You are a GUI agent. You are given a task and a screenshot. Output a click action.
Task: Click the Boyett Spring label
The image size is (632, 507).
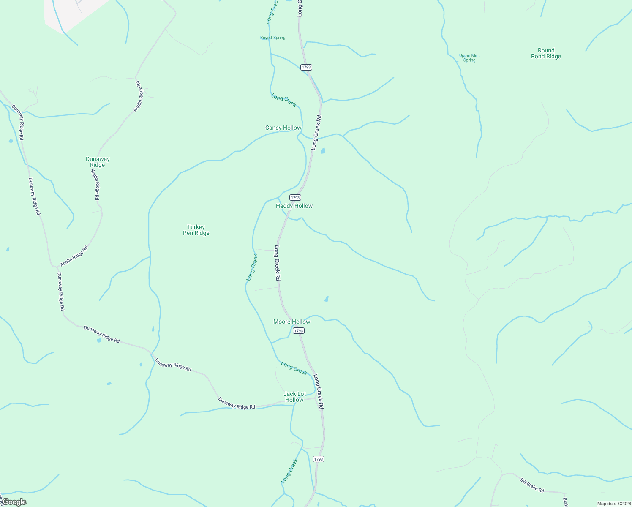click(272, 38)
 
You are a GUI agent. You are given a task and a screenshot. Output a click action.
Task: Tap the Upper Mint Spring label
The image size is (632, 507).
click(469, 58)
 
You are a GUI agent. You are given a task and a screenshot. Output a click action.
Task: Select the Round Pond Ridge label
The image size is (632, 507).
click(546, 53)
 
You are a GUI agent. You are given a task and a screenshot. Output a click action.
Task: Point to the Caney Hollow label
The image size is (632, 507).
click(283, 128)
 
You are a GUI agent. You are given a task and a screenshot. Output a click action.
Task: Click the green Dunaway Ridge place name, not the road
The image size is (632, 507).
click(98, 162)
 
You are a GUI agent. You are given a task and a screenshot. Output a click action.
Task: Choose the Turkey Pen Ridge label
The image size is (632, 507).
click(196, 230)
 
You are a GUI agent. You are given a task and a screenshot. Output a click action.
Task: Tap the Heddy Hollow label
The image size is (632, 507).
click(294, 206)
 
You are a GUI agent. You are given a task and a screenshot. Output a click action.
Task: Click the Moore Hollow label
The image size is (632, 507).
click(291, 322)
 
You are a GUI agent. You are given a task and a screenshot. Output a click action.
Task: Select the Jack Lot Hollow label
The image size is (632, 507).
click(294, 397)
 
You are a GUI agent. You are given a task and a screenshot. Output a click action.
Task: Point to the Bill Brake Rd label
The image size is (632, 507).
click(532, 485)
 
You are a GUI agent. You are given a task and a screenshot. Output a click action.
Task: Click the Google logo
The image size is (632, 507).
click(14, 502)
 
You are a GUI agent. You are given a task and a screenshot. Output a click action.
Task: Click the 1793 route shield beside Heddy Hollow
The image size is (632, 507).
click(295, 197)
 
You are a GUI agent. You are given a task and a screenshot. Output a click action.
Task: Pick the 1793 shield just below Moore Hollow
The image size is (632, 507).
click(299, 330)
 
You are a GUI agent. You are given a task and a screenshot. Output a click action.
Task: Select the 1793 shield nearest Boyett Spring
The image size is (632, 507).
click(306, 67)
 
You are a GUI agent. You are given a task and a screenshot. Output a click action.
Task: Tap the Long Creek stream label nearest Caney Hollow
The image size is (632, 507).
click(283, 100)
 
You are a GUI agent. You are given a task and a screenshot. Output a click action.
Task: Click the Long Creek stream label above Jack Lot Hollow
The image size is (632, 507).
click(294, 368)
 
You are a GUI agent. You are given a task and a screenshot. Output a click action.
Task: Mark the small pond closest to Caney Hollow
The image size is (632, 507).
click(323, 151)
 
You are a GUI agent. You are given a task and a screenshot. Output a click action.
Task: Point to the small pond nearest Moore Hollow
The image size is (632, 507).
click(326, 299)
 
